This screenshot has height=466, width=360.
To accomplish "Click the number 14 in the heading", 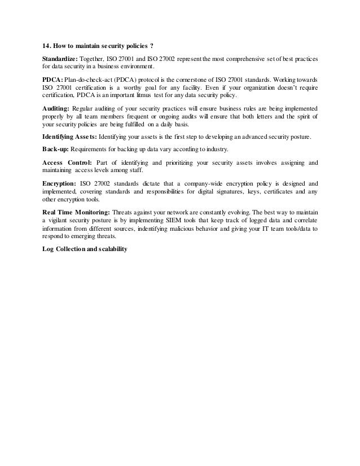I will [46, 46].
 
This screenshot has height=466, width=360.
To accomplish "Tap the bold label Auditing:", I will [57, 108].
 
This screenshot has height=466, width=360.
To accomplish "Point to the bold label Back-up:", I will [55, 150].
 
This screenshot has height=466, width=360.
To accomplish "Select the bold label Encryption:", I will [59, 184].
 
